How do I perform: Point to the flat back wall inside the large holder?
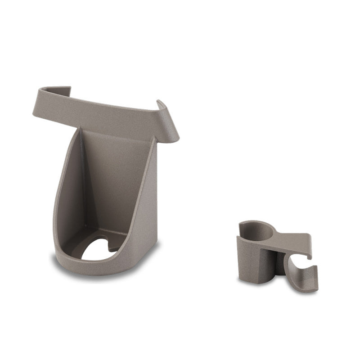click(116, 175)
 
